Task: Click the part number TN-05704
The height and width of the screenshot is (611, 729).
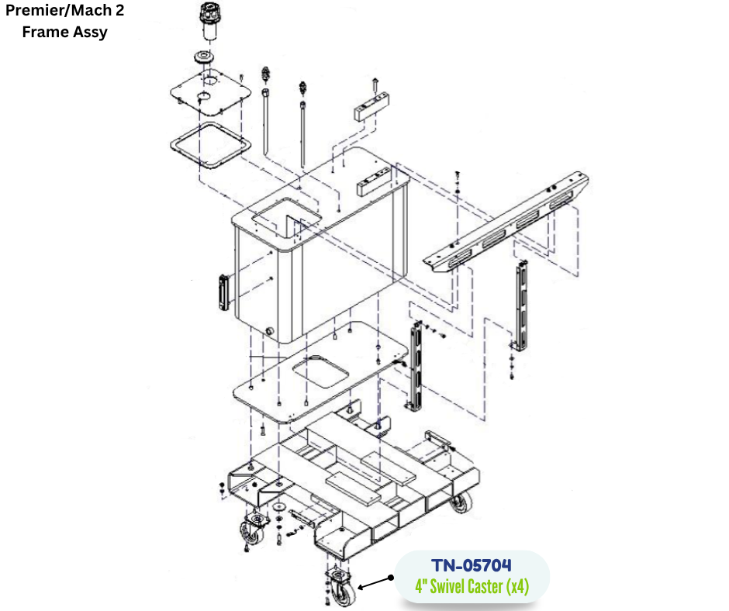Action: pos(472,565)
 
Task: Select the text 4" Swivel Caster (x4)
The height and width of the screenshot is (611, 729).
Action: pos(472,586)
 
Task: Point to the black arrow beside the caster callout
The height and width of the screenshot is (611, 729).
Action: pos(375,582)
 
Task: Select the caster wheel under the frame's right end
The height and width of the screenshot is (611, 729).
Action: pos(461,503)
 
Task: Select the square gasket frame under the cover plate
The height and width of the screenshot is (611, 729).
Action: pos(211,145)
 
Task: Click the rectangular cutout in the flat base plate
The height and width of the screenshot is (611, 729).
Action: pos(321,371)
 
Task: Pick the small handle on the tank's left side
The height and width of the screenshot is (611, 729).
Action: pos(223,292)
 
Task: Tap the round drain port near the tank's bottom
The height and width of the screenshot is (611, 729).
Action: pos(269,331)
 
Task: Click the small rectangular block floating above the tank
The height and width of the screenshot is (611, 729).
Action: pos(371,106)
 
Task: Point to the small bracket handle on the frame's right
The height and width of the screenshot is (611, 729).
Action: pos(438,440)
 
